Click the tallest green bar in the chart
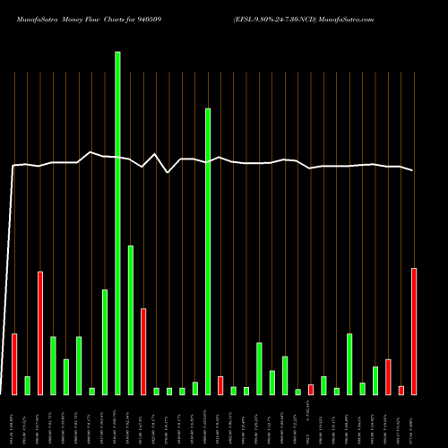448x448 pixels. coord(117,223)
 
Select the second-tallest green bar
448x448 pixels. coord(208,251)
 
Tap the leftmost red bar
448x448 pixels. coord(14,364)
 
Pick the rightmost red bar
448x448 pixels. coord(414,331)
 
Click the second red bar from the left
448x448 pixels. coord(40,332)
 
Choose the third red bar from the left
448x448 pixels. coord(143,351)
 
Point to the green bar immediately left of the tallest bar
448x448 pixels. coord(105,341)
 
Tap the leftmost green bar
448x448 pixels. coord(27,385)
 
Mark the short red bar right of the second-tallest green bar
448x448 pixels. coord(220,385)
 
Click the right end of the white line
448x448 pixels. coord(413,170)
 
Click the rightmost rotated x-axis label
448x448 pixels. coord(414,419)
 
